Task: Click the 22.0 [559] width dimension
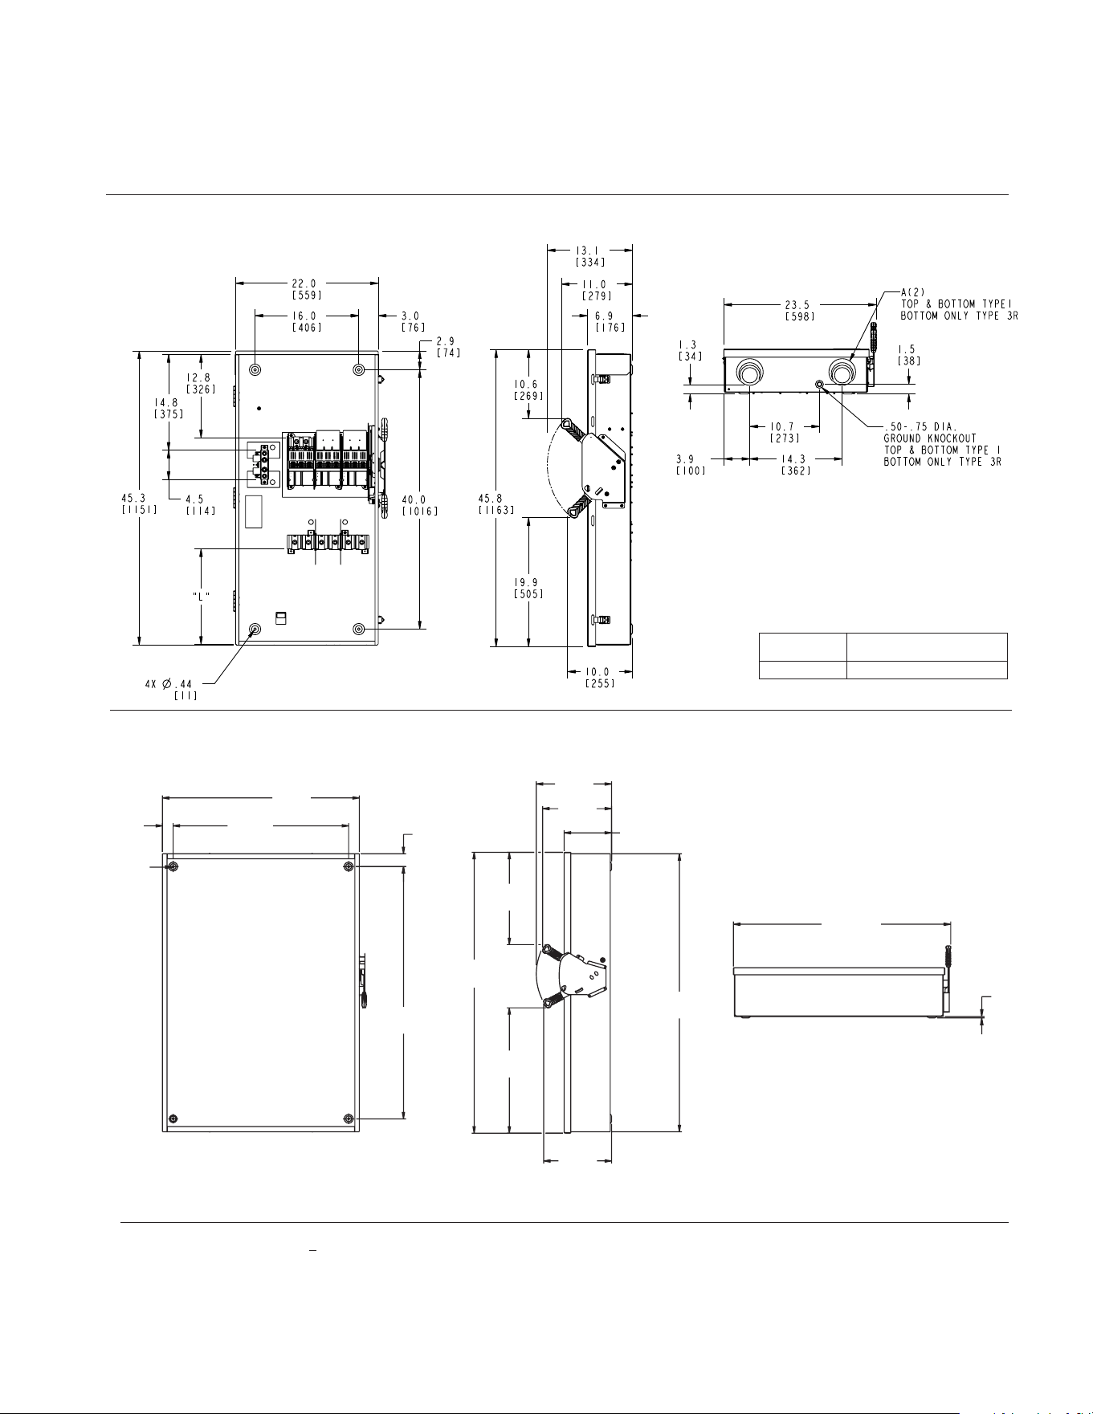tap(307, 289)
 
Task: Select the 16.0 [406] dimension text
tap(307, 322)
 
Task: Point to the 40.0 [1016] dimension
tap(419, 505)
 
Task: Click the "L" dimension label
tap(202, 596)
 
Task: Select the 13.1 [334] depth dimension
tap(590, 255)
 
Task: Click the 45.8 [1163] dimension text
tap(496, 503)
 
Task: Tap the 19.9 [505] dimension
tap(528, 589)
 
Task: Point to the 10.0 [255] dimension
tap(600, 678)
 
